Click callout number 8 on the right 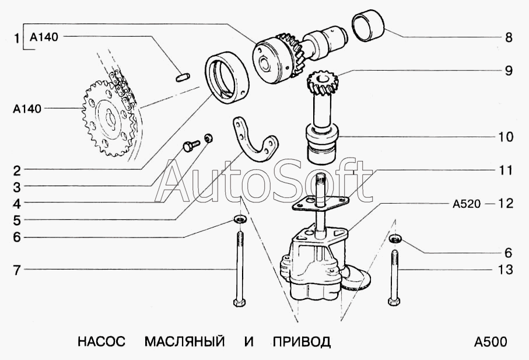point(509,37)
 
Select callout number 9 point(509,71)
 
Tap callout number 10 point(506,137)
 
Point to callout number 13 point(506,270)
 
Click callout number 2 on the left point(17,171)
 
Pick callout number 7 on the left point(17,270)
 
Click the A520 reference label point(466,204)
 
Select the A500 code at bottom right point(491,342)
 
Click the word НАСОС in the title point(101,341)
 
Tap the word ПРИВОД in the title point(302,341)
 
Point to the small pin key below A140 point(183,77)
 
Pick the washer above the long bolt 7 point(240,219)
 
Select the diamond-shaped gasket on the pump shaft point(320,204)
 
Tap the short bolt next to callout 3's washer point(191,145)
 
